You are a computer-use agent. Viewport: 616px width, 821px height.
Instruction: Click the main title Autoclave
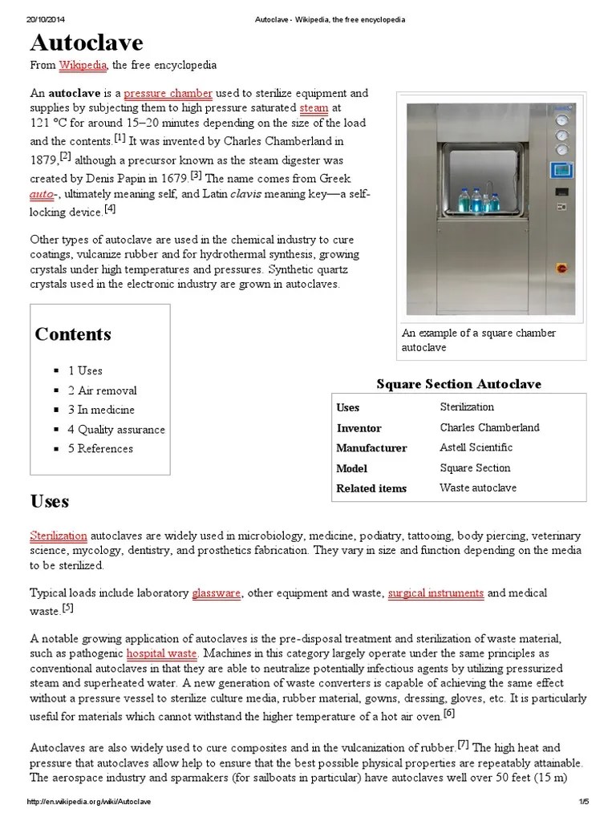point(87,42)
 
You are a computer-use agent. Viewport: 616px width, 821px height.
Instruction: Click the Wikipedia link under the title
point(83,65)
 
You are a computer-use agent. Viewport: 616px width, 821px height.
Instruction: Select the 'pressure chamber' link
point(168,93)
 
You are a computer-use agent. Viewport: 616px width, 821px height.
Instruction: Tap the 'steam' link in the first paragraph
point(314,107)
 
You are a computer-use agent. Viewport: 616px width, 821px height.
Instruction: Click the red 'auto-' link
point(43,194)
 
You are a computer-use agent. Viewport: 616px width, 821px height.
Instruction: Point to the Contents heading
point(73,334)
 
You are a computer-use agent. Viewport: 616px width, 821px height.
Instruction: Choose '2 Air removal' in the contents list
point(102,390)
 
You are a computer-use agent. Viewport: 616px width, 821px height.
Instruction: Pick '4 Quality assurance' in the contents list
point(115,429)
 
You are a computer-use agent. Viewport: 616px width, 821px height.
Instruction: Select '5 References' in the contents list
point(100,449)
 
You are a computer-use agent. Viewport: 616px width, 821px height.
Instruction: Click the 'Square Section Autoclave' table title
point(459,384)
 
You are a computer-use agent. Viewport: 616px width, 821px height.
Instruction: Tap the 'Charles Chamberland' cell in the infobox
point(489,427)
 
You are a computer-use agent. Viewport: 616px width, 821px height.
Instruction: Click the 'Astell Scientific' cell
point(476,447)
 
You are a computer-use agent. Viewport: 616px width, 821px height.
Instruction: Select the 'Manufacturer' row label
point(371,448)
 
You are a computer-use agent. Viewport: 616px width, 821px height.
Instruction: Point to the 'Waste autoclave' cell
point(478,487)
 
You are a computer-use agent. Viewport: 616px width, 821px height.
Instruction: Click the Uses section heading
point(50,502)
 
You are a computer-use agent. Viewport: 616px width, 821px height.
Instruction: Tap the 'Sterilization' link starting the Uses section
point(58,535)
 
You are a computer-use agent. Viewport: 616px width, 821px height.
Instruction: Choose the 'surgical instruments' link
point(436,593)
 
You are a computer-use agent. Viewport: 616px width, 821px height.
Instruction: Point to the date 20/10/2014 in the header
point(45,19)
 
